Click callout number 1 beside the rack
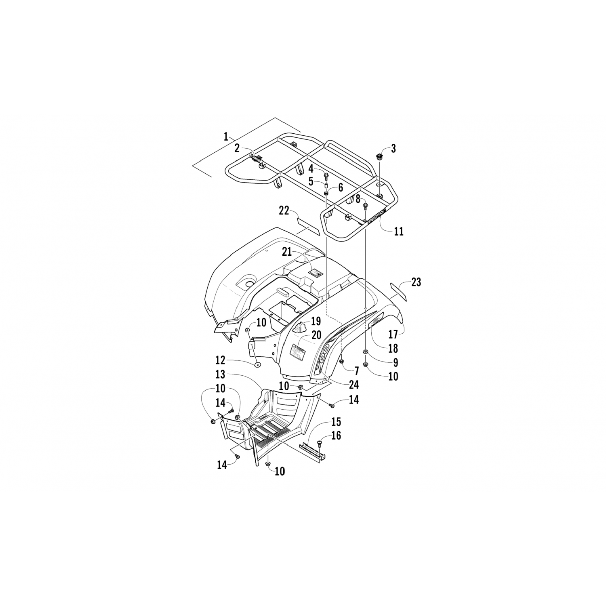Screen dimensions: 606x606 tap(226, 136)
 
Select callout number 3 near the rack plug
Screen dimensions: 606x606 tap(393, 148)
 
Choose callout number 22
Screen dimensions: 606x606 tap(285, 210)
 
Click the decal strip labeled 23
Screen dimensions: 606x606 tap(399, 292)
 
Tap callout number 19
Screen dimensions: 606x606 tap(316, 322)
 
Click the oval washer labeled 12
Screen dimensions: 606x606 tap(257, 365)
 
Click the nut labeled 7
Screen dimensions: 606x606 tap(342, 361)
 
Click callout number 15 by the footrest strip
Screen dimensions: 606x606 tap(336, 422)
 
